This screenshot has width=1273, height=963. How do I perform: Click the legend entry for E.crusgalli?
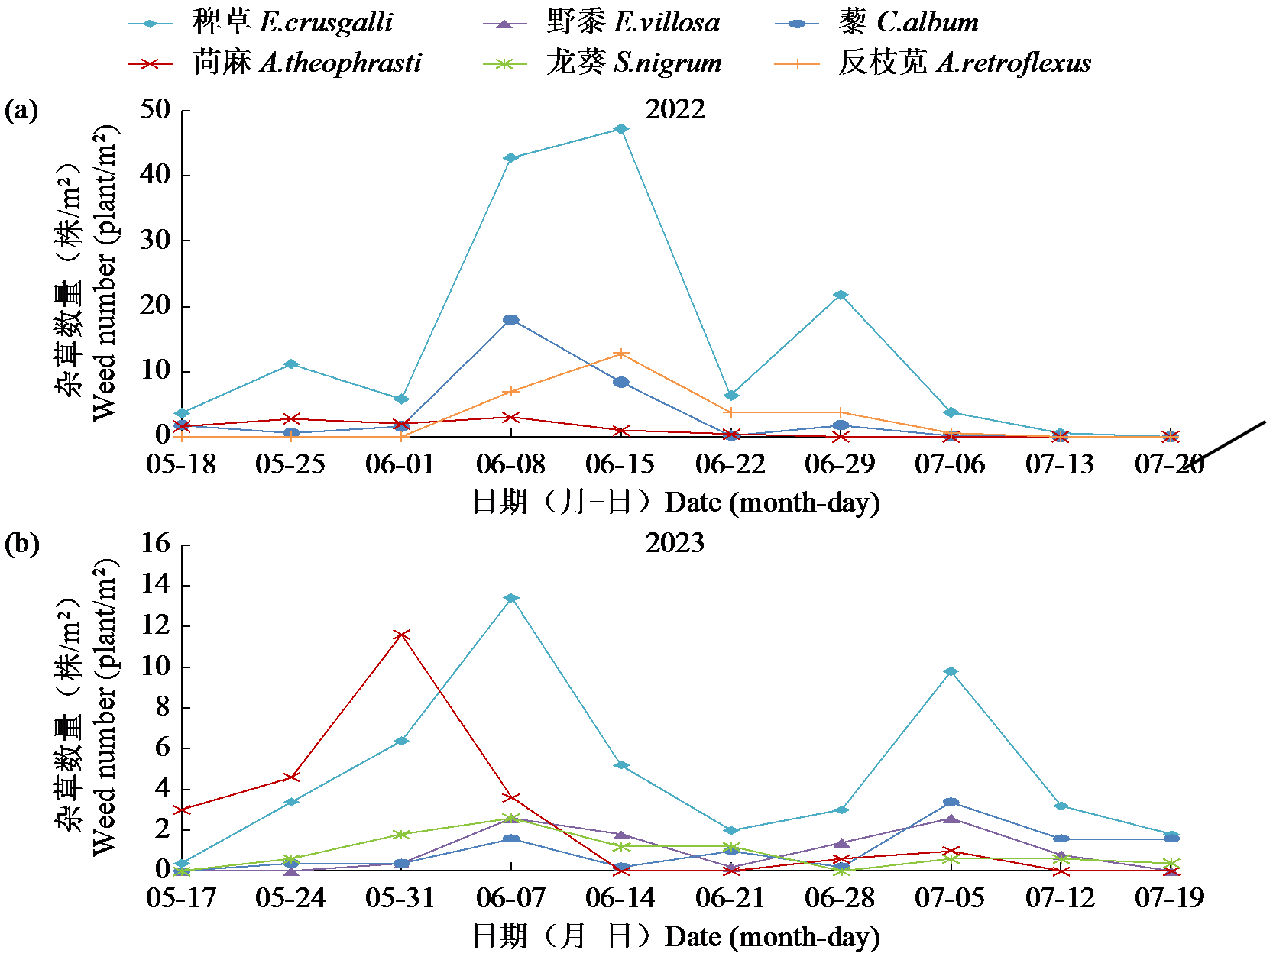260,23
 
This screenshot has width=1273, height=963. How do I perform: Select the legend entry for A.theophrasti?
275,63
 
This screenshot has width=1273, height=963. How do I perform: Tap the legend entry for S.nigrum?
603,63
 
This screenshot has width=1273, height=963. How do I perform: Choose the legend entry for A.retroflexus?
932,63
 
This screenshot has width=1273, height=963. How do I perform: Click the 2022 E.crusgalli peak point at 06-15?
621,129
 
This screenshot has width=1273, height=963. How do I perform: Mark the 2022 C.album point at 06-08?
511,320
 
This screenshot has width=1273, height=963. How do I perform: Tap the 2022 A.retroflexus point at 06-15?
621,354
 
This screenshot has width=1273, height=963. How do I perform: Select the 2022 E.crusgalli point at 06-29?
841,296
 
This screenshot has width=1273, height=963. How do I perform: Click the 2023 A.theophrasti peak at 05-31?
402,635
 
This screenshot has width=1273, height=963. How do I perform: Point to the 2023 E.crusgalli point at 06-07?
511,598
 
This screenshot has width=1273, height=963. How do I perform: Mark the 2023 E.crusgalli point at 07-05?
951,672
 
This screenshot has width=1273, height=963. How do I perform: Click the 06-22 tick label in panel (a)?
730,464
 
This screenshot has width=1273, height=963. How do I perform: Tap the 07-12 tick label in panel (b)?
1060,897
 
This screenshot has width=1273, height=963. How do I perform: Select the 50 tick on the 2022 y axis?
156,110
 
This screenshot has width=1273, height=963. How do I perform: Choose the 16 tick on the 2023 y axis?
156,544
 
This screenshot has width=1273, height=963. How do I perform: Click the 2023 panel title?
675,543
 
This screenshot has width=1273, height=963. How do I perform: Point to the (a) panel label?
21,111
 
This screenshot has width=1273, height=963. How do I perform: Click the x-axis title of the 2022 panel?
676,503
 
